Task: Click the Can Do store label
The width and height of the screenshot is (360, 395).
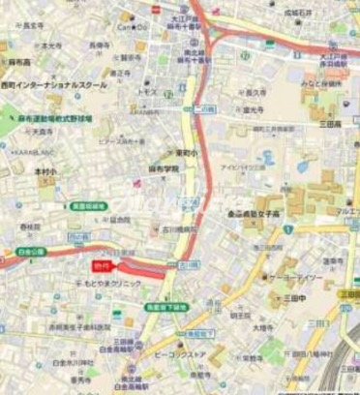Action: (132, 28)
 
